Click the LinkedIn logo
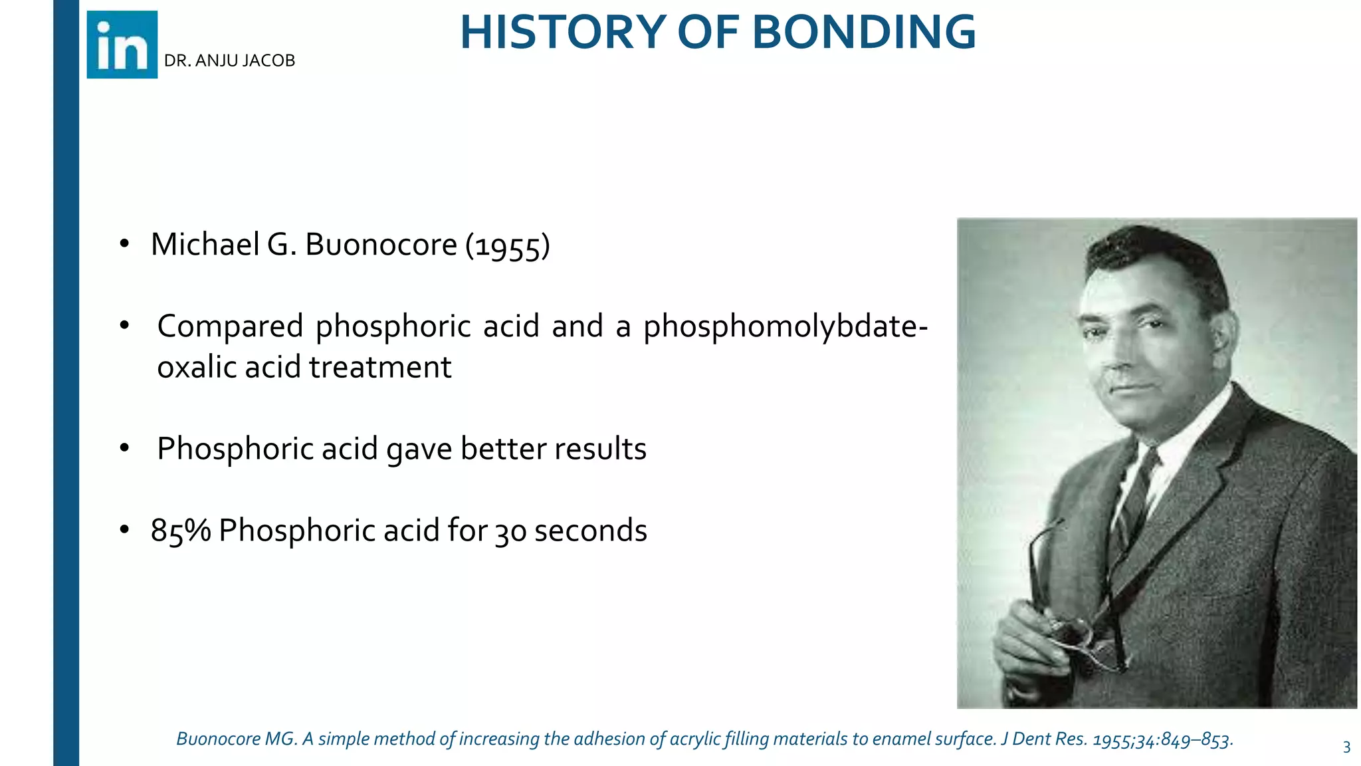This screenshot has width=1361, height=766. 122,45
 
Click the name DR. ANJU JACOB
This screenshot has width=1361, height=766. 229,61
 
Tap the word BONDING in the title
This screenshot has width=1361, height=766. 864,32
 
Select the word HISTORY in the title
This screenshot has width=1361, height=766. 563,32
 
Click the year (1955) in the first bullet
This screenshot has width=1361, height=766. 508,245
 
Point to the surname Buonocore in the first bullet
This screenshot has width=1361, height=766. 381,244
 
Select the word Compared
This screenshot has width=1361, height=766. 230,326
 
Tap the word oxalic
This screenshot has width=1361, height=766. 197,367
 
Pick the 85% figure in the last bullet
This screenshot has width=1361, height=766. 180,531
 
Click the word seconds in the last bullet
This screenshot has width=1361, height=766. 590,531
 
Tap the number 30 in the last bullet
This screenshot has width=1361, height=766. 510,532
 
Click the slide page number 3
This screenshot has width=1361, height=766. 1346,747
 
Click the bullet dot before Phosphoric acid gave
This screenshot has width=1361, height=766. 124,448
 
